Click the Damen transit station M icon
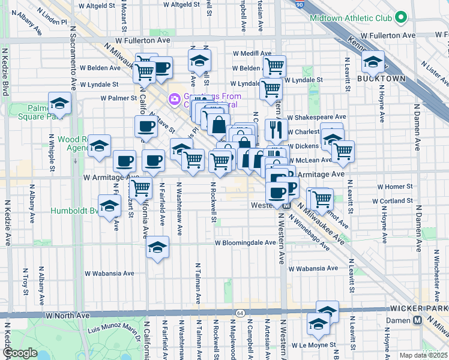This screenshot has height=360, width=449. point(425,320)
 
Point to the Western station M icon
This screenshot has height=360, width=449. point(286,205)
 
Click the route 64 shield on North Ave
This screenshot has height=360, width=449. point(240,313)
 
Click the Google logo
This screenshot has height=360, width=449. point(20,353)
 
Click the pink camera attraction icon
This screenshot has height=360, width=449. point(175,98)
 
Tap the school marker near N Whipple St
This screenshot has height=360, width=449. point(59,104)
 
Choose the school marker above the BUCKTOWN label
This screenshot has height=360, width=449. point(372,62)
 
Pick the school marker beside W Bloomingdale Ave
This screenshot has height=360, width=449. point(157,247)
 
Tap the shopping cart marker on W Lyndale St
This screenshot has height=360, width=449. point(271,88)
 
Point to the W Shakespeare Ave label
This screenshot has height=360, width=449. point(317,117)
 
